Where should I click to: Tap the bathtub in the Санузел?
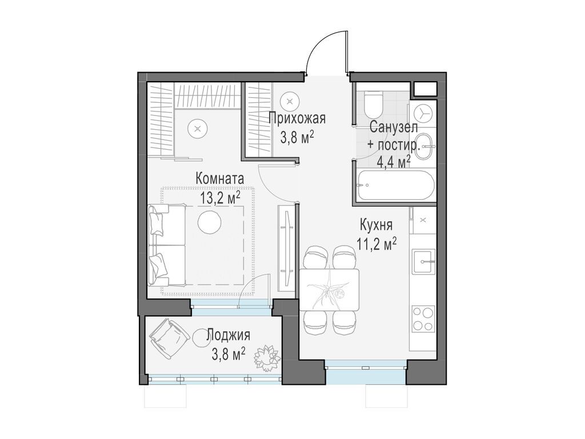tap(394, 185)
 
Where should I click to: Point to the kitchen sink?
tap(424, 261)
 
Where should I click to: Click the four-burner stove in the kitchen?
tap(423, 318)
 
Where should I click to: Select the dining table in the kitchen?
tap(330, 289)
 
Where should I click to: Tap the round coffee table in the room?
tap(209, 222)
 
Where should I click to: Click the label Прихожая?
tap(297, 119)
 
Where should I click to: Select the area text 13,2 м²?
tap(220, 198)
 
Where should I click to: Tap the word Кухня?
tap(375, 224)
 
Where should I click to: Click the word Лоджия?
tap(228, 335)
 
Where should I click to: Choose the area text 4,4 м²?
tap(394, 162)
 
